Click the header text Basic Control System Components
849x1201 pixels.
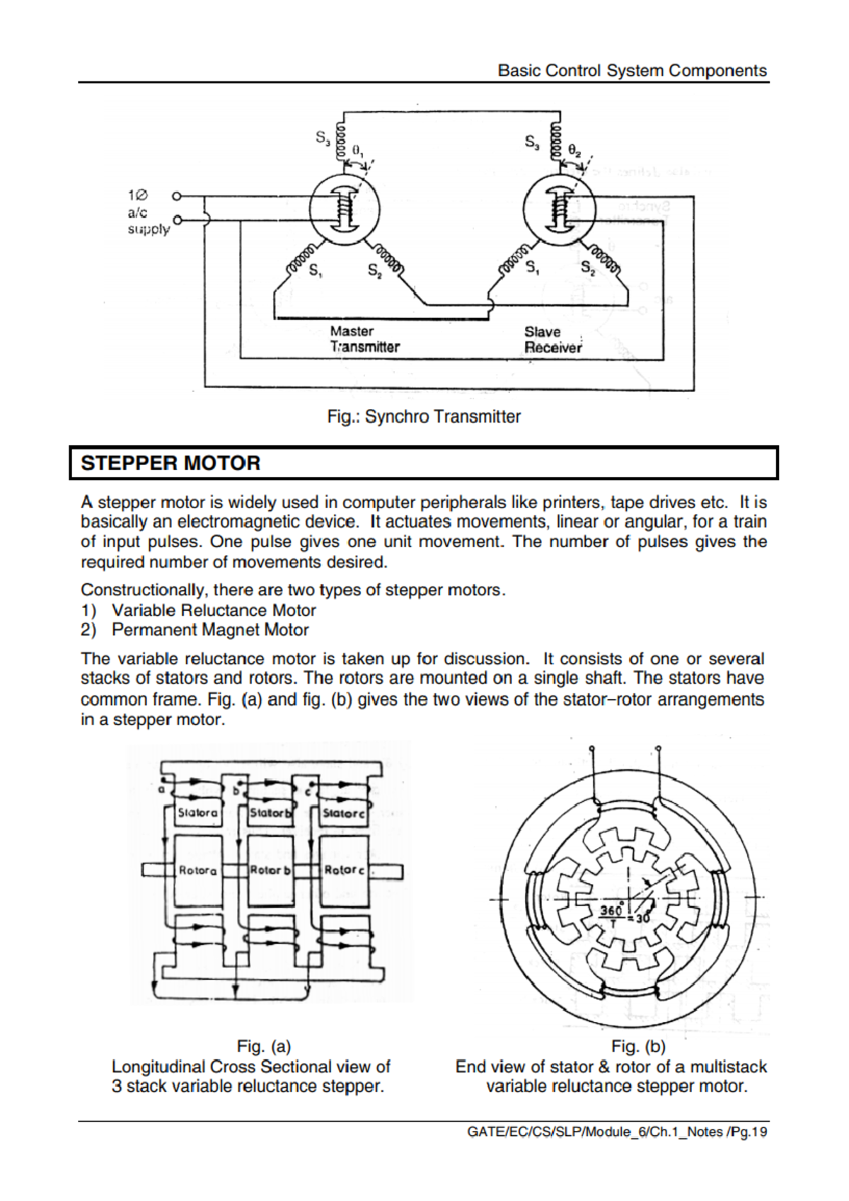click(632, 71)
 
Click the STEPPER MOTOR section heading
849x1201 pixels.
click(171, 463)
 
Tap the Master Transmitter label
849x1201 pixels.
click(364, 339)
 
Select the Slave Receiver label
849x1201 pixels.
click(552, 340)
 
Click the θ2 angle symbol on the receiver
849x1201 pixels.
click(574, 151)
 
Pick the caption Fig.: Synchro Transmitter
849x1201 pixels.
click(424, 416)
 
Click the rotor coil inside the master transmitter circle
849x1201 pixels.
click(345, 209)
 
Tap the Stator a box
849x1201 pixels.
click(197, 812)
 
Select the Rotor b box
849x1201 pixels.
click(270, 870)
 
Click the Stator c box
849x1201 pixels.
click(343, 813)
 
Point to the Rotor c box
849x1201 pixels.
click(344, 870)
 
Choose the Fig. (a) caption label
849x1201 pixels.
click(264, 1046)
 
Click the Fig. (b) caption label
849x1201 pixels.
click(638, 1046)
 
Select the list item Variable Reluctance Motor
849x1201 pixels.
click(213, 610)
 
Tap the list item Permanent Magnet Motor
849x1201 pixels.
click(210, 630)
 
